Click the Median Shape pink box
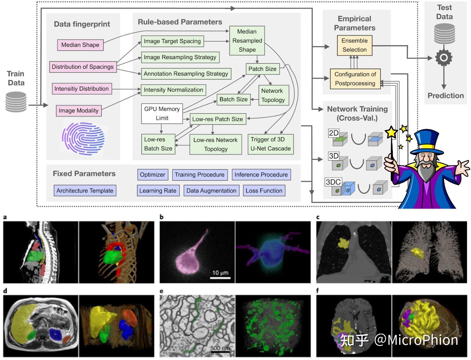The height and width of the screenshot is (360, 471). click(80, 45)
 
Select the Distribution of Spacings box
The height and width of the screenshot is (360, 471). click(83, 67)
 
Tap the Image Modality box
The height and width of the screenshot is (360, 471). click(78, 111)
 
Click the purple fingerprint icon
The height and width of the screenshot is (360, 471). click(83, 139)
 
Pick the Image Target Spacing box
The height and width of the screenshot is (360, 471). click(172, 41)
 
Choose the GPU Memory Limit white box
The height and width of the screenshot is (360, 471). click(162, 114)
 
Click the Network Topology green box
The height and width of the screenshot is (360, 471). click(273, 95)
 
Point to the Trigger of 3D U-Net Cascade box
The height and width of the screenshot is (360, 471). click(270, 144)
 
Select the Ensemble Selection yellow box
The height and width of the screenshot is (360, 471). click(354, 45)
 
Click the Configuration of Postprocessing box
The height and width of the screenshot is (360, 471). click(355, 79)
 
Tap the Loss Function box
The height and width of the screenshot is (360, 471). click(264, 191)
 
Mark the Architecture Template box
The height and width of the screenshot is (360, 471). click(85, 191)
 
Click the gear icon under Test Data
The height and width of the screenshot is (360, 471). click(444, 58)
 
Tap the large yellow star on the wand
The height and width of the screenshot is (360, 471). click(391, 132)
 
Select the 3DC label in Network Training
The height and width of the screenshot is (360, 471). click(333, 182)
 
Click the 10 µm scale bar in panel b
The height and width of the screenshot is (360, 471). click(220, 278)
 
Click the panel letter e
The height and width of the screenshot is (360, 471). click(161, 291)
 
